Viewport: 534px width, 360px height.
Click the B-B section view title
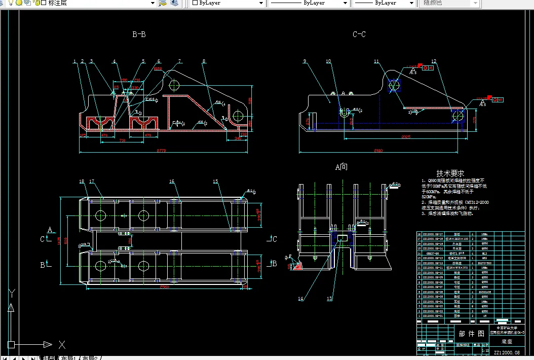tap(139, 34)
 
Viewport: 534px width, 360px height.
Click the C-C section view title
tap(359, 34)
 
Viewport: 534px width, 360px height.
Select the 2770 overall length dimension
tap(162, 151)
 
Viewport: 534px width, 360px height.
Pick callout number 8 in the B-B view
tap(204, 62)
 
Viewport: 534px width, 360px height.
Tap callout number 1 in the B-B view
tap(74, 62)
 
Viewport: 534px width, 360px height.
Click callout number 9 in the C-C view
tap(305, 62)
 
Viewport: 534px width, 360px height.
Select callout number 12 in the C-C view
tap(434, 62)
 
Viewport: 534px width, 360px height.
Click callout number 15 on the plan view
tap(215, 182)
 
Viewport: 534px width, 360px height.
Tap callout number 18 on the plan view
tap(82, 182)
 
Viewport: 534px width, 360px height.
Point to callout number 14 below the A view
tap(301, 299)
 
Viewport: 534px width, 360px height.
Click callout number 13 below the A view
tap(330, 299)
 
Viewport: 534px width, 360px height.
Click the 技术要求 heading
tap(450, 173)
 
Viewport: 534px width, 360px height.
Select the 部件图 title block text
tap(471, 334)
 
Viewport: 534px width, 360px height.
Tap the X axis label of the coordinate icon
tap(62, 345)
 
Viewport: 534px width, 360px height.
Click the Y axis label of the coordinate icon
tap(12, 294)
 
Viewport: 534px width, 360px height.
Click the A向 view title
tap(341, 167)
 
